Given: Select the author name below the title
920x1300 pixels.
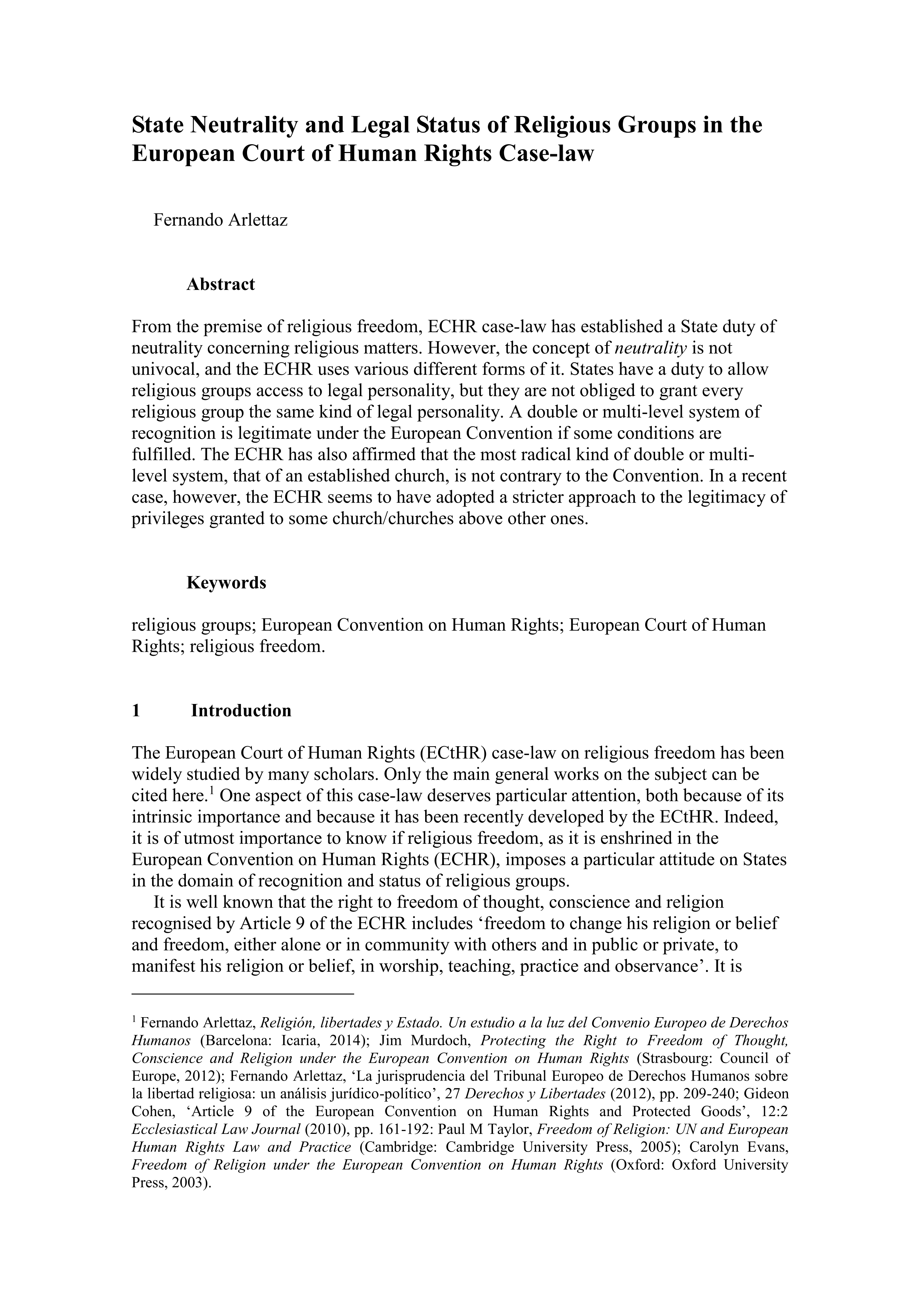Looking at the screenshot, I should [220, 220].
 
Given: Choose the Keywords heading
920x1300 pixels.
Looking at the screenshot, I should [226, 583].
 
